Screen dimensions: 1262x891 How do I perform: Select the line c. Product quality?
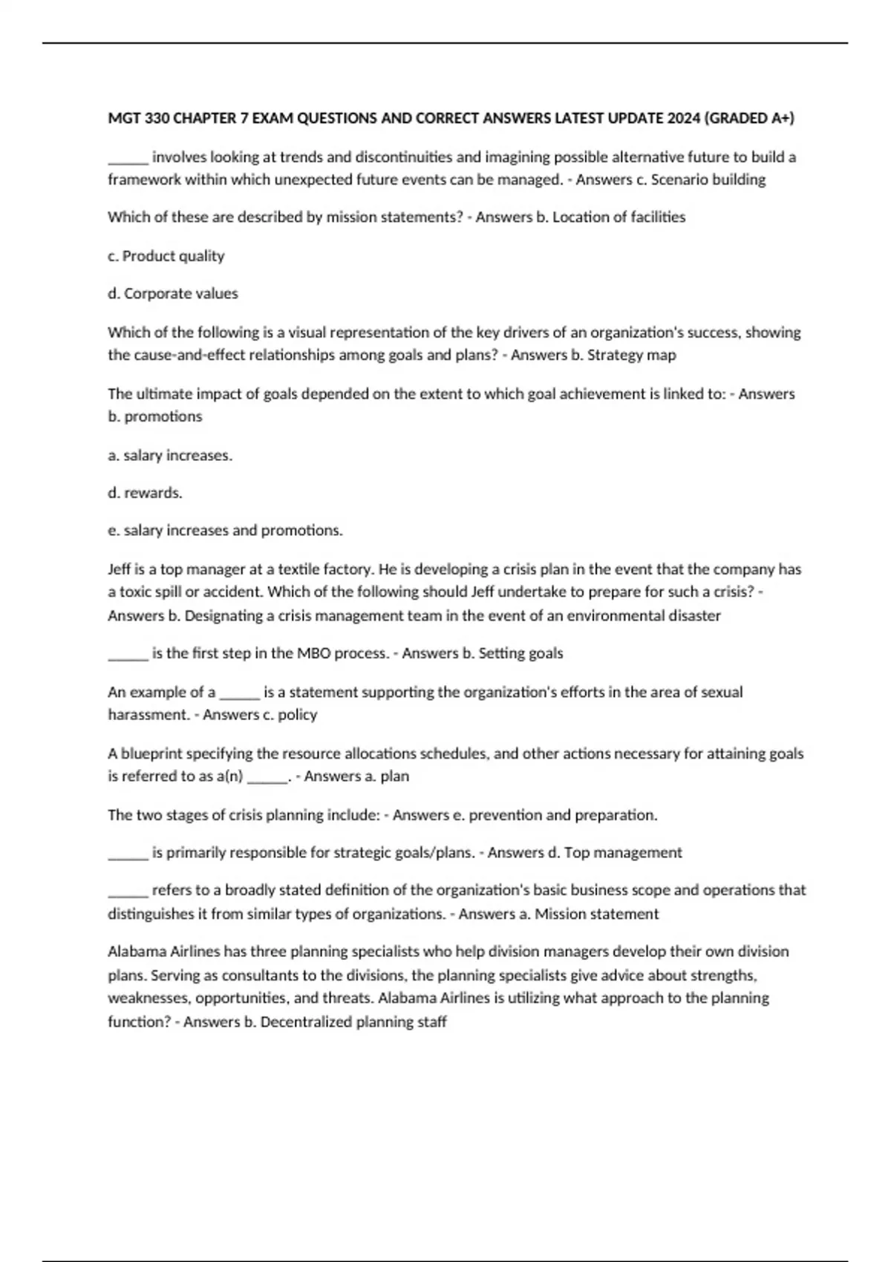166,256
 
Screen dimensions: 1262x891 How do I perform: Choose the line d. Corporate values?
173,294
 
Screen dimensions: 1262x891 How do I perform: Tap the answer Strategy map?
631,355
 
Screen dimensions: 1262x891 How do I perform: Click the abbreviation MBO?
314,653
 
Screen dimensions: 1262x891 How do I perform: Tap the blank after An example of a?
239,693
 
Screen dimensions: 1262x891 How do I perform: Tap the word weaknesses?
148,998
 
